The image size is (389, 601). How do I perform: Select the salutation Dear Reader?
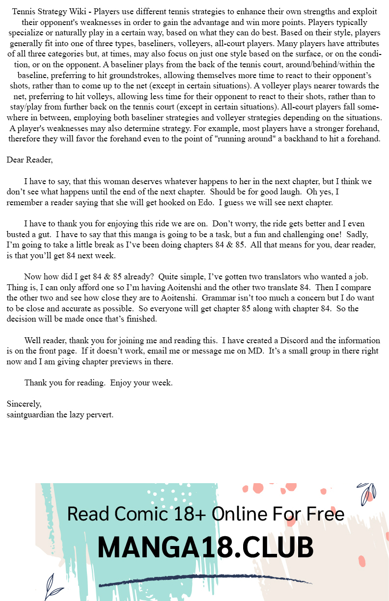(x=29, y=160)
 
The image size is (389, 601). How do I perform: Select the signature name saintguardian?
(x=36, y=414)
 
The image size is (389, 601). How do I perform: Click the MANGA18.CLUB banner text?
(x=205, y=547)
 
